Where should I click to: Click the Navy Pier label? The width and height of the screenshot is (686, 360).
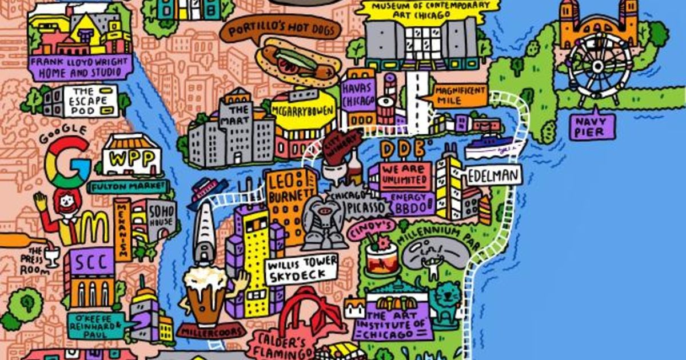pyautogui.click(x=593, y=126)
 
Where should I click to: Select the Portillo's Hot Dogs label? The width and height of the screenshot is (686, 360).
pyautogui.click(x=280, y=30)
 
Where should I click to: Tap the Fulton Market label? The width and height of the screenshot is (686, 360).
pyautogui.click(x=130, y=186)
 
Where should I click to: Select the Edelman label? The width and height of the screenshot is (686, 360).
pyautogui.click(x=494, y=176)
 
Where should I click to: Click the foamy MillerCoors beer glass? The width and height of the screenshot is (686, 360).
pyautogui.click(x=205, y=294)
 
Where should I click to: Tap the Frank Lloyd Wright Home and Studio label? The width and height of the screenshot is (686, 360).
pyautogui.click(x=77, y=67)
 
